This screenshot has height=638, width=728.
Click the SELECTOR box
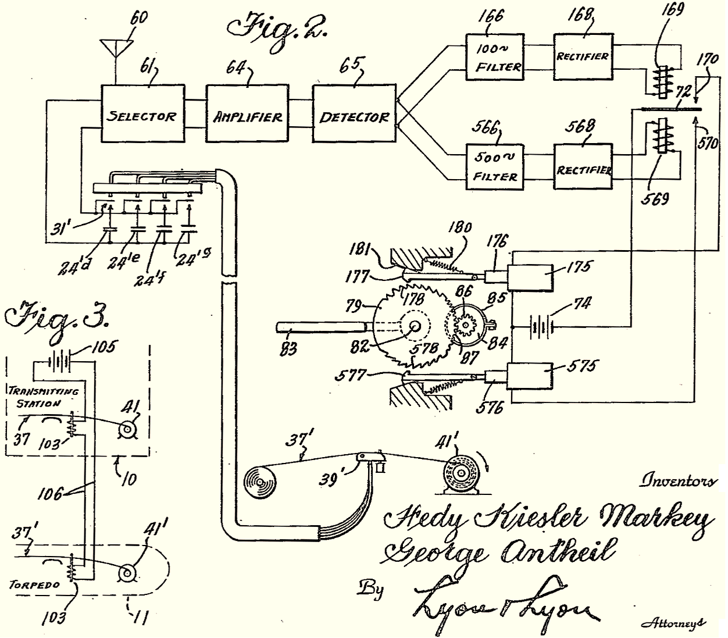tap(141, 113)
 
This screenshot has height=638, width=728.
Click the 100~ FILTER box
tap(495, 57)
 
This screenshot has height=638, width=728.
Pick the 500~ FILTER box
tap(495, 167)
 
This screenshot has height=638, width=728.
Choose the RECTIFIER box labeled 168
tap(583, 57)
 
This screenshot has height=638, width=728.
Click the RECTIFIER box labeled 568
tap(583, 167)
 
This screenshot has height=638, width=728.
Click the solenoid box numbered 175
tap(530, 275)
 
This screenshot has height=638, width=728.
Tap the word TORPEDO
tap(34, 584)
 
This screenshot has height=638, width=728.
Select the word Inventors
tap(677, 480)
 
